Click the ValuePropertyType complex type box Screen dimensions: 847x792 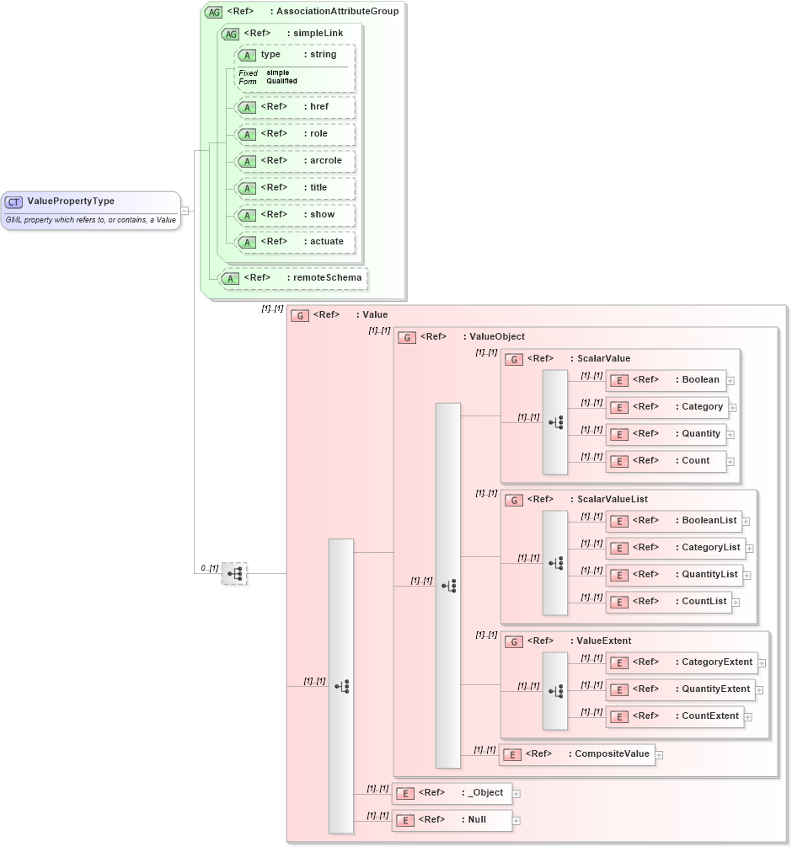(91, 210)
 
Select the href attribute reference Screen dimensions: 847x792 (295, 107)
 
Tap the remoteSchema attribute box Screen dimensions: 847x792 (293, 277)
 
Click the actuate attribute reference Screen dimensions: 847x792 (295, 242)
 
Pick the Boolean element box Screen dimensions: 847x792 (665, 380)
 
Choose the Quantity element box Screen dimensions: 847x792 (665, 434)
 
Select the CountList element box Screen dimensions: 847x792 (668, 602)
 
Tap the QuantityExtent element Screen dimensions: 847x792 (680, 689)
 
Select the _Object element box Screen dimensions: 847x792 (453, 793)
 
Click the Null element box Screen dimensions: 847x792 (453, 820)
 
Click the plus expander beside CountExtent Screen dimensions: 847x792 (747, 717)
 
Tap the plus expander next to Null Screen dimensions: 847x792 (516, 821)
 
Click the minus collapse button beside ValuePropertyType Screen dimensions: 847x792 (185, 211)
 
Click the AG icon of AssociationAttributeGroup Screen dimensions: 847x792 (213, 12)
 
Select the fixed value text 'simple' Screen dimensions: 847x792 (277, 72)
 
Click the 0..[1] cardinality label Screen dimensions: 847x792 (208, 569)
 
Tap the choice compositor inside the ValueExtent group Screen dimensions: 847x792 (555, 691)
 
